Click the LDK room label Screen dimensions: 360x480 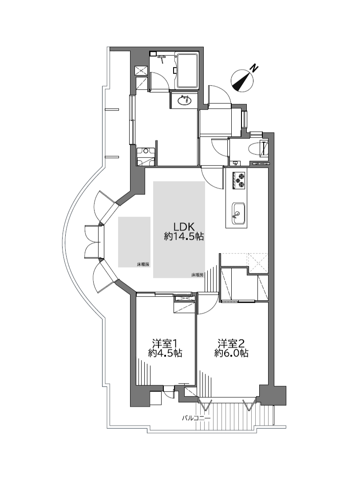pos(184,226)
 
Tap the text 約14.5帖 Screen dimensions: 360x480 pos(184,237)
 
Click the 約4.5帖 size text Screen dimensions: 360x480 pos(165,353)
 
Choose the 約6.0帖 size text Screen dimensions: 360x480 pos(231,353)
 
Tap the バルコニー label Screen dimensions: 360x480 pos(196,418)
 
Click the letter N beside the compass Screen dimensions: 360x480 pos(253,68)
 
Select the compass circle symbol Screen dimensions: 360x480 pos(242,80)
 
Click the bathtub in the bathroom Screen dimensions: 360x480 pos(187,71)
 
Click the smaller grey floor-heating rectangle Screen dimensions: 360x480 pos(134,242)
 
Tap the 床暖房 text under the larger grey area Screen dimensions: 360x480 pos(198,275)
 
